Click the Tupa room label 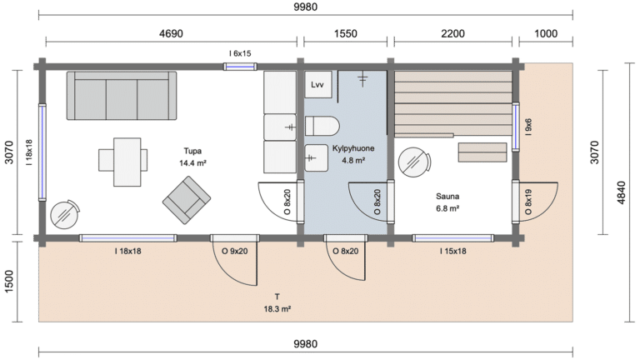192,151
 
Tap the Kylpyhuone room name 353,148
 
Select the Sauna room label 447,197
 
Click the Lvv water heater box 317,84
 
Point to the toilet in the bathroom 322,126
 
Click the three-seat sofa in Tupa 122,96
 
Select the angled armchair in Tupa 187,200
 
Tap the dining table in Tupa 127,162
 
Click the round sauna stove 414,162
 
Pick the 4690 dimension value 171,33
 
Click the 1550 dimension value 345,33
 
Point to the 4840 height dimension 621,192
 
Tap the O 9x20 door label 235,251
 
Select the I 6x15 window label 240,53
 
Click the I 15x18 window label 452,251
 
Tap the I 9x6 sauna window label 528,127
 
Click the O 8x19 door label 528,202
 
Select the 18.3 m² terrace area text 277,309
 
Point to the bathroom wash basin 317,157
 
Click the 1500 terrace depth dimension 9,281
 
